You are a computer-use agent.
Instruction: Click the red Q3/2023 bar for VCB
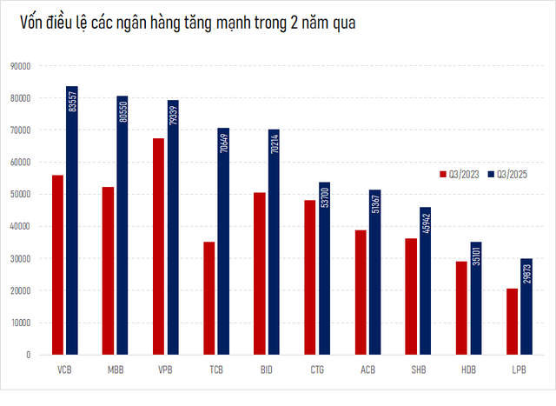[57, 265]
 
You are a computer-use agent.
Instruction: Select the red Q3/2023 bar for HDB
[460, 308]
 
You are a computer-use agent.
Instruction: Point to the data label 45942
[425, 223]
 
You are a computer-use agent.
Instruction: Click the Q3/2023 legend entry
[461, 175]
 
